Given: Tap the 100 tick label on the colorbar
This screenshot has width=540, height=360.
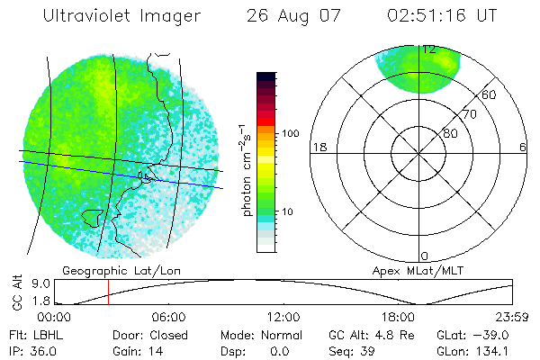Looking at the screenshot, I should coord(289,133).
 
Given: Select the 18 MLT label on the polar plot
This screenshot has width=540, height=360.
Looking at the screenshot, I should coord(318,148).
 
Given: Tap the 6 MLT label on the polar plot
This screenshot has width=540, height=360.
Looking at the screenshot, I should coord(523,148).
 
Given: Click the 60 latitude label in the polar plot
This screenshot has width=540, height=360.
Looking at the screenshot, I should coord(490,94).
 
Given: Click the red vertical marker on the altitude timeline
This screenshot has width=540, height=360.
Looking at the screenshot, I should coord(108,292).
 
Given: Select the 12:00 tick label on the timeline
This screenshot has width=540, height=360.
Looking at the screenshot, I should coord(283,317).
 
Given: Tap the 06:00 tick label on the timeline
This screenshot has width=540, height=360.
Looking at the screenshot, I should coord(168,317).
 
